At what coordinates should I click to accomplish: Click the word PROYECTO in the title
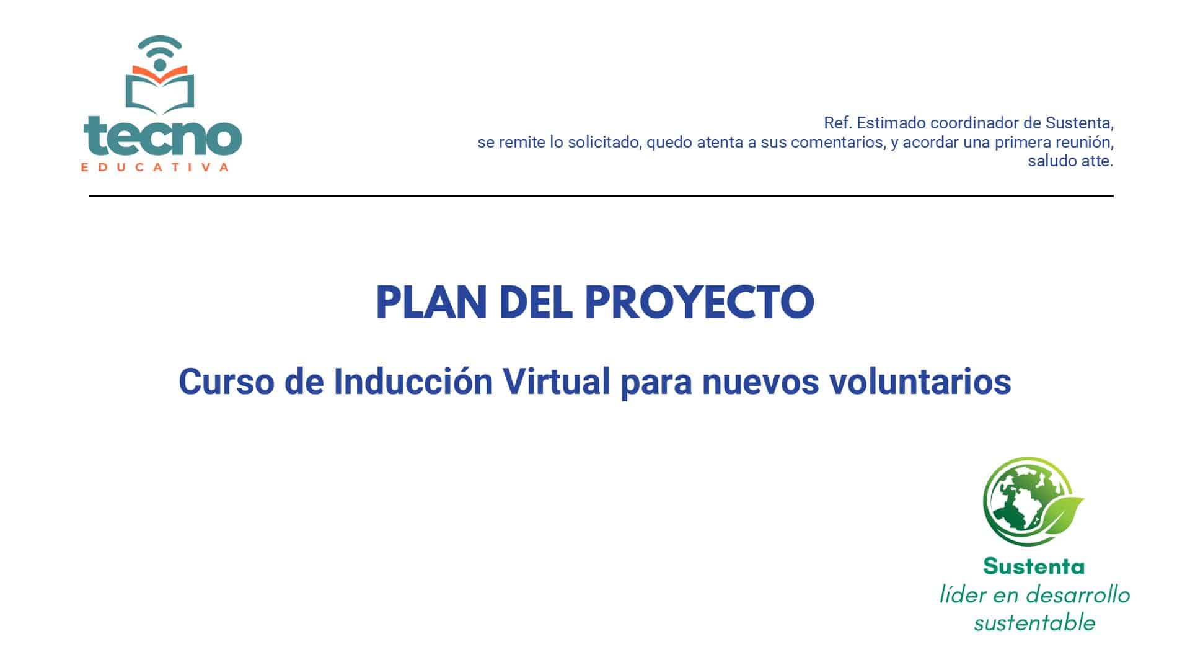click(x=699, y=303)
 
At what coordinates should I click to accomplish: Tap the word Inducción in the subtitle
click(x=413, y=382)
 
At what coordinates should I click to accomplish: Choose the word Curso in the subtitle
click(x=226, y=382)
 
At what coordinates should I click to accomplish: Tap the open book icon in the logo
click(x=160, y=89)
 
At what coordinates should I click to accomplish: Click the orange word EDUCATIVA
click(x=155, y=166)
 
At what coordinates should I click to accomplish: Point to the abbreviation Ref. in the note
click(x=838, y=123)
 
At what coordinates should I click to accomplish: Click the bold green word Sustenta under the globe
click(x=1034, y=566)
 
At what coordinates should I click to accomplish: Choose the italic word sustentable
click(x=1034, y=623)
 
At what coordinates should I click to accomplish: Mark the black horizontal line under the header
click(x=601, y=196)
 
